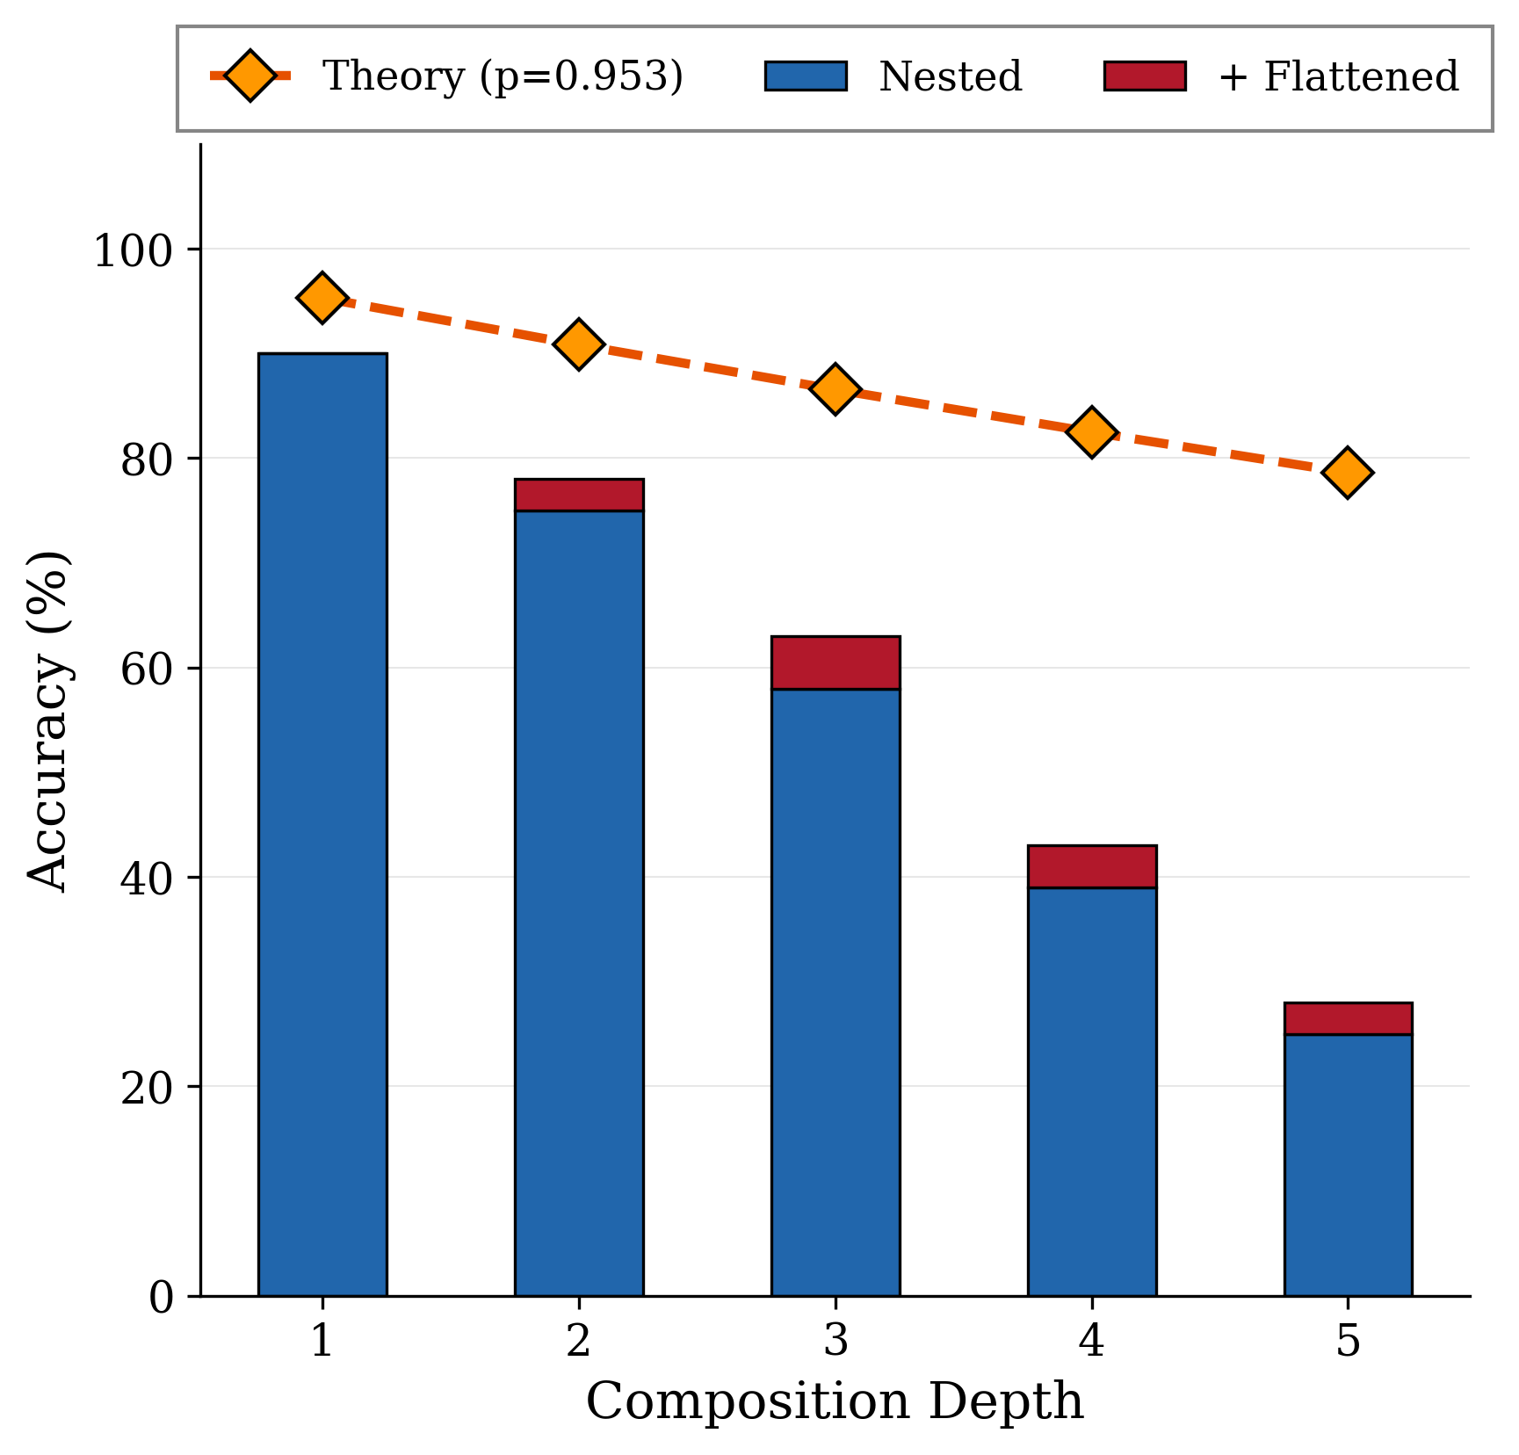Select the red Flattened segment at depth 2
[x=579, y=495]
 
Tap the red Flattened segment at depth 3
[x=835, y=662]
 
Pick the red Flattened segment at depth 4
[x=1092, y=866]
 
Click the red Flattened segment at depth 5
[x=1348, y=1018]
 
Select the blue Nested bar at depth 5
[x=1348, y=1164]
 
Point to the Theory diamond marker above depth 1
[x=322, y=298]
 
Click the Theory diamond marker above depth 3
[x=835, y=388]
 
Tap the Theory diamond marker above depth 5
[x=1348, y=472]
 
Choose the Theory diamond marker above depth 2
[x=579, y=344]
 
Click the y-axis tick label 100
[x=134, y=251]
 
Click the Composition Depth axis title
[x=835, y=1401]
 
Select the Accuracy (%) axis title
[x=48, y=720]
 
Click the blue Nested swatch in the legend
[x=806, y=76]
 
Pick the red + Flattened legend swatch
[x=1145, y=76]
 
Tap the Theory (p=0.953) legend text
[x=503, y=76]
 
